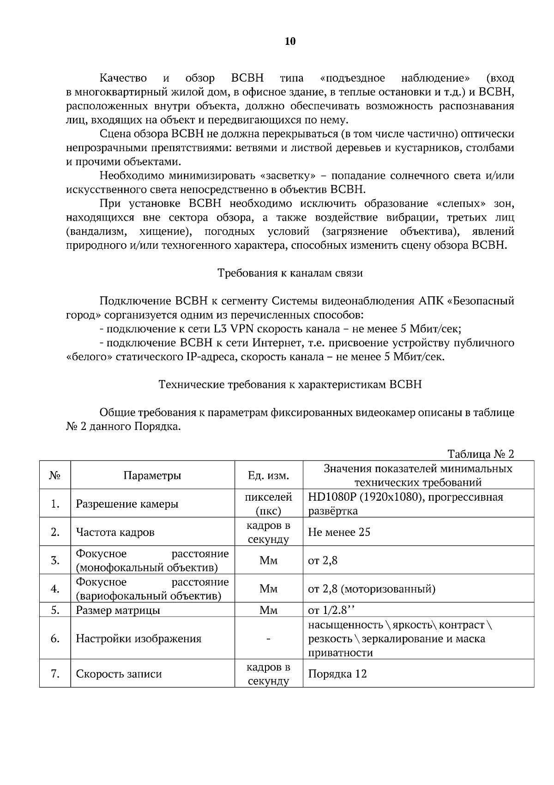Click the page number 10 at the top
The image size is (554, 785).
coord(290,42)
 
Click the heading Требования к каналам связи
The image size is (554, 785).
coord(290,273)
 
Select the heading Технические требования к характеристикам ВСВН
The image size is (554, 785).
coord(290,385)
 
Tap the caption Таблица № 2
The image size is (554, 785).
coord(481,454)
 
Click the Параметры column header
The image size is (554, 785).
coord(152,476)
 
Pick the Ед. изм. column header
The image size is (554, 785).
coord(269,476)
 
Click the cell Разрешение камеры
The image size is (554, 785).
coord(127,504)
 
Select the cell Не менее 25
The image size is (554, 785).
coord(339,532)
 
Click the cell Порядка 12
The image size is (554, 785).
coord(337,674)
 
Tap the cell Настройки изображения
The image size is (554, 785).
coord(138,639)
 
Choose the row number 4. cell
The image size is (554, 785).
coord(55,589)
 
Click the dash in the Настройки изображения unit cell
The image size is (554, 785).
coord(269,639)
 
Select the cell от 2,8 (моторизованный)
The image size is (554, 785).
coord(371,589)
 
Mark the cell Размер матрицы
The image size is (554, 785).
coord(118,610)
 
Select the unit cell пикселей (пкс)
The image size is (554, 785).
coord(269,504)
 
